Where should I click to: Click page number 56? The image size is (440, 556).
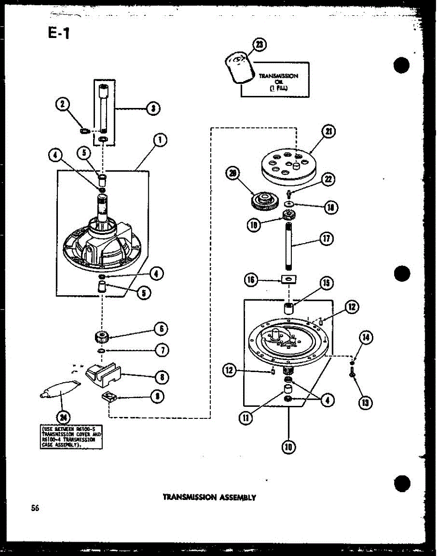pyautogui.click(x=35, y=508)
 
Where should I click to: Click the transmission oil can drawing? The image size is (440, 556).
pyautogui.click(x=239, y=68)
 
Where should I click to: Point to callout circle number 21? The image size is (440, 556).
pyautogui.click(x=329, y=133)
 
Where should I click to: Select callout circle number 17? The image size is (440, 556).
pyautogui.click(x=327, y=239)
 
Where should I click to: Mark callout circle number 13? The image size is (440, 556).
pyautogui.click(x=366, y=402)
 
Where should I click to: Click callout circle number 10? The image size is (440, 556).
pyautogui.click(x=289, y=447)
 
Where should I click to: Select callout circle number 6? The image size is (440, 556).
pyautogui.click(x=161, y=329)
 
